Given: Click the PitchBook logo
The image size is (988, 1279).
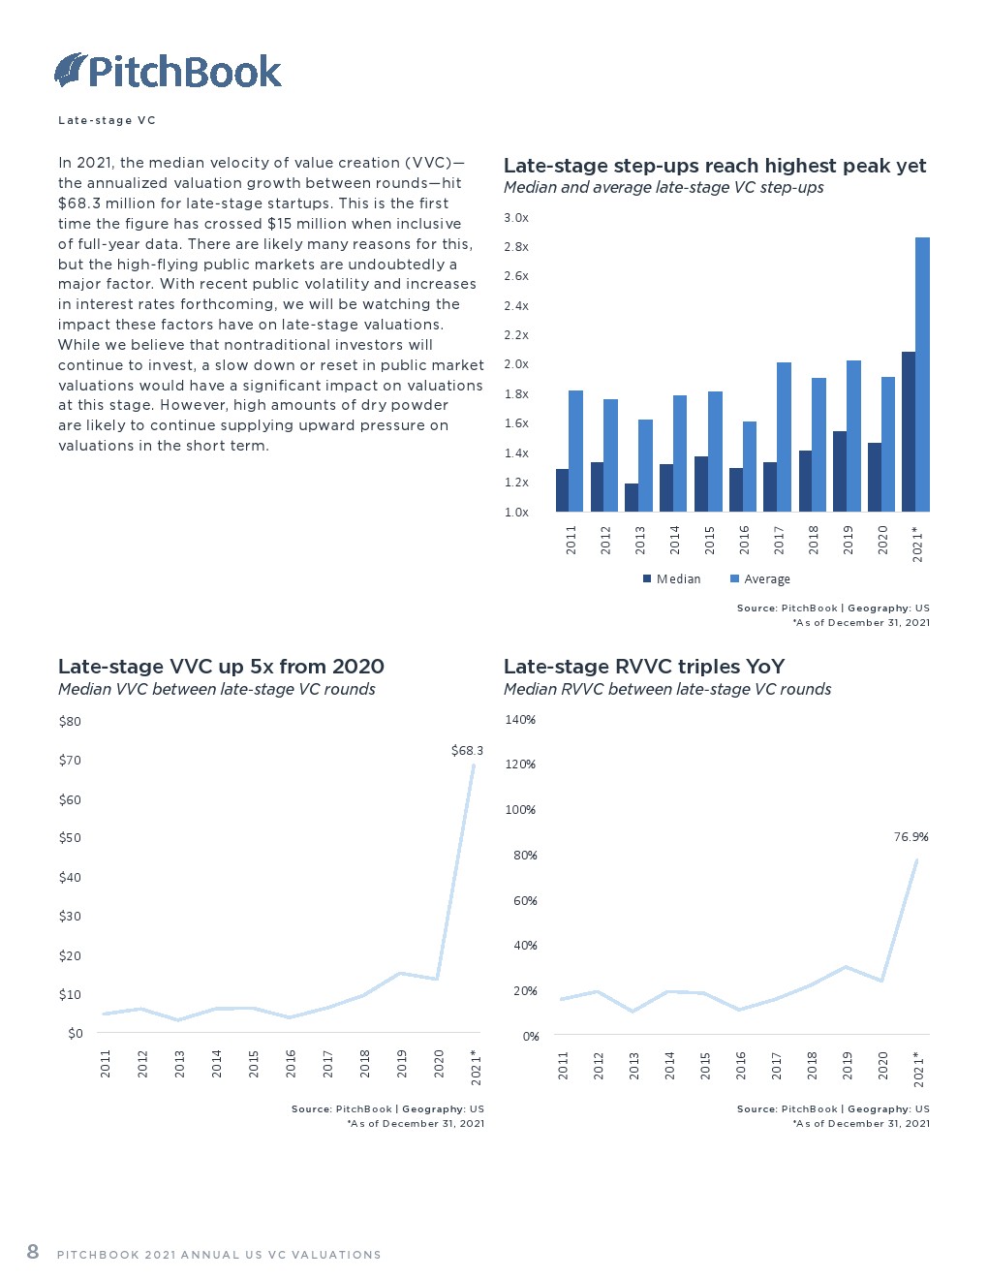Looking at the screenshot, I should coord(168,71).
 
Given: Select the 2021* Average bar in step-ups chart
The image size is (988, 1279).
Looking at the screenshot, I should coord(922,374).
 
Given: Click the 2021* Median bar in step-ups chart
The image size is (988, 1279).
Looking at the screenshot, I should coord(908,431).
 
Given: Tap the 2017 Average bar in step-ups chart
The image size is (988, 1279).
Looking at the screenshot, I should coord(784,437).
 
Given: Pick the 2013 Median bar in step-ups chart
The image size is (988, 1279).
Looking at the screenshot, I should coord(632,497).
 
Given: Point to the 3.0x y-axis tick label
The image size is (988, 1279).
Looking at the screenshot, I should coord(516,218).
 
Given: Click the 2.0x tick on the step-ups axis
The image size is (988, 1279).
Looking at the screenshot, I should coord(516,364).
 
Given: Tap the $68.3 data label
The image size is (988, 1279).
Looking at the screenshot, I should coord(467,751).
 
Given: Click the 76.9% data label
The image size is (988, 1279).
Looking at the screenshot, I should coord(911,837).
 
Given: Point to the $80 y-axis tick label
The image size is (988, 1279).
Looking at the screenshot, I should coord(70,722).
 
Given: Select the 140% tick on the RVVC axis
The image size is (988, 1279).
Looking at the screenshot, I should coord(520,720).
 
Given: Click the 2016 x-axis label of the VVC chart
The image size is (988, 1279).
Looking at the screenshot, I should coord(291,1063).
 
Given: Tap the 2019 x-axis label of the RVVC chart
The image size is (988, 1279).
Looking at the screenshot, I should coord(848,1065).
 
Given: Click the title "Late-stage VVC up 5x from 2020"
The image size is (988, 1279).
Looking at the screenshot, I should coord(221,667).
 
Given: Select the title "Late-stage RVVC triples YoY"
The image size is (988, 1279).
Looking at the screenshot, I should coord(644,667).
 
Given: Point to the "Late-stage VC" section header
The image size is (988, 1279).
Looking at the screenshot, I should coord(107,121).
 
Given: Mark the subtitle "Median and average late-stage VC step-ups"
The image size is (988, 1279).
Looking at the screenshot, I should coord(664,188).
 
